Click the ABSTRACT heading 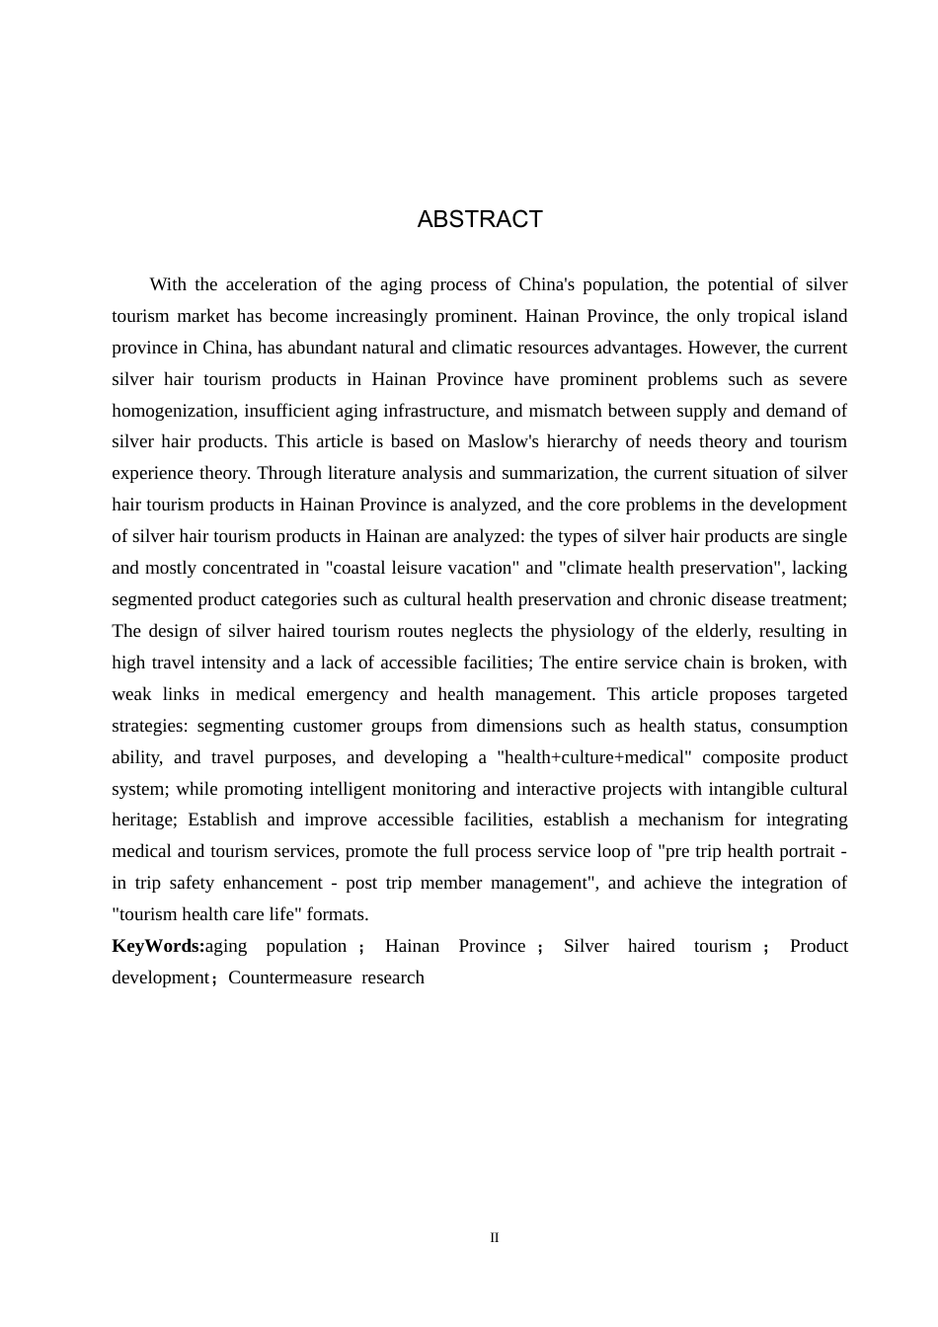point(480,219)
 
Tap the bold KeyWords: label point(158,946)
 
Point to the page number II point(495,1238)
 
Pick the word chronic point(658,599)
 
